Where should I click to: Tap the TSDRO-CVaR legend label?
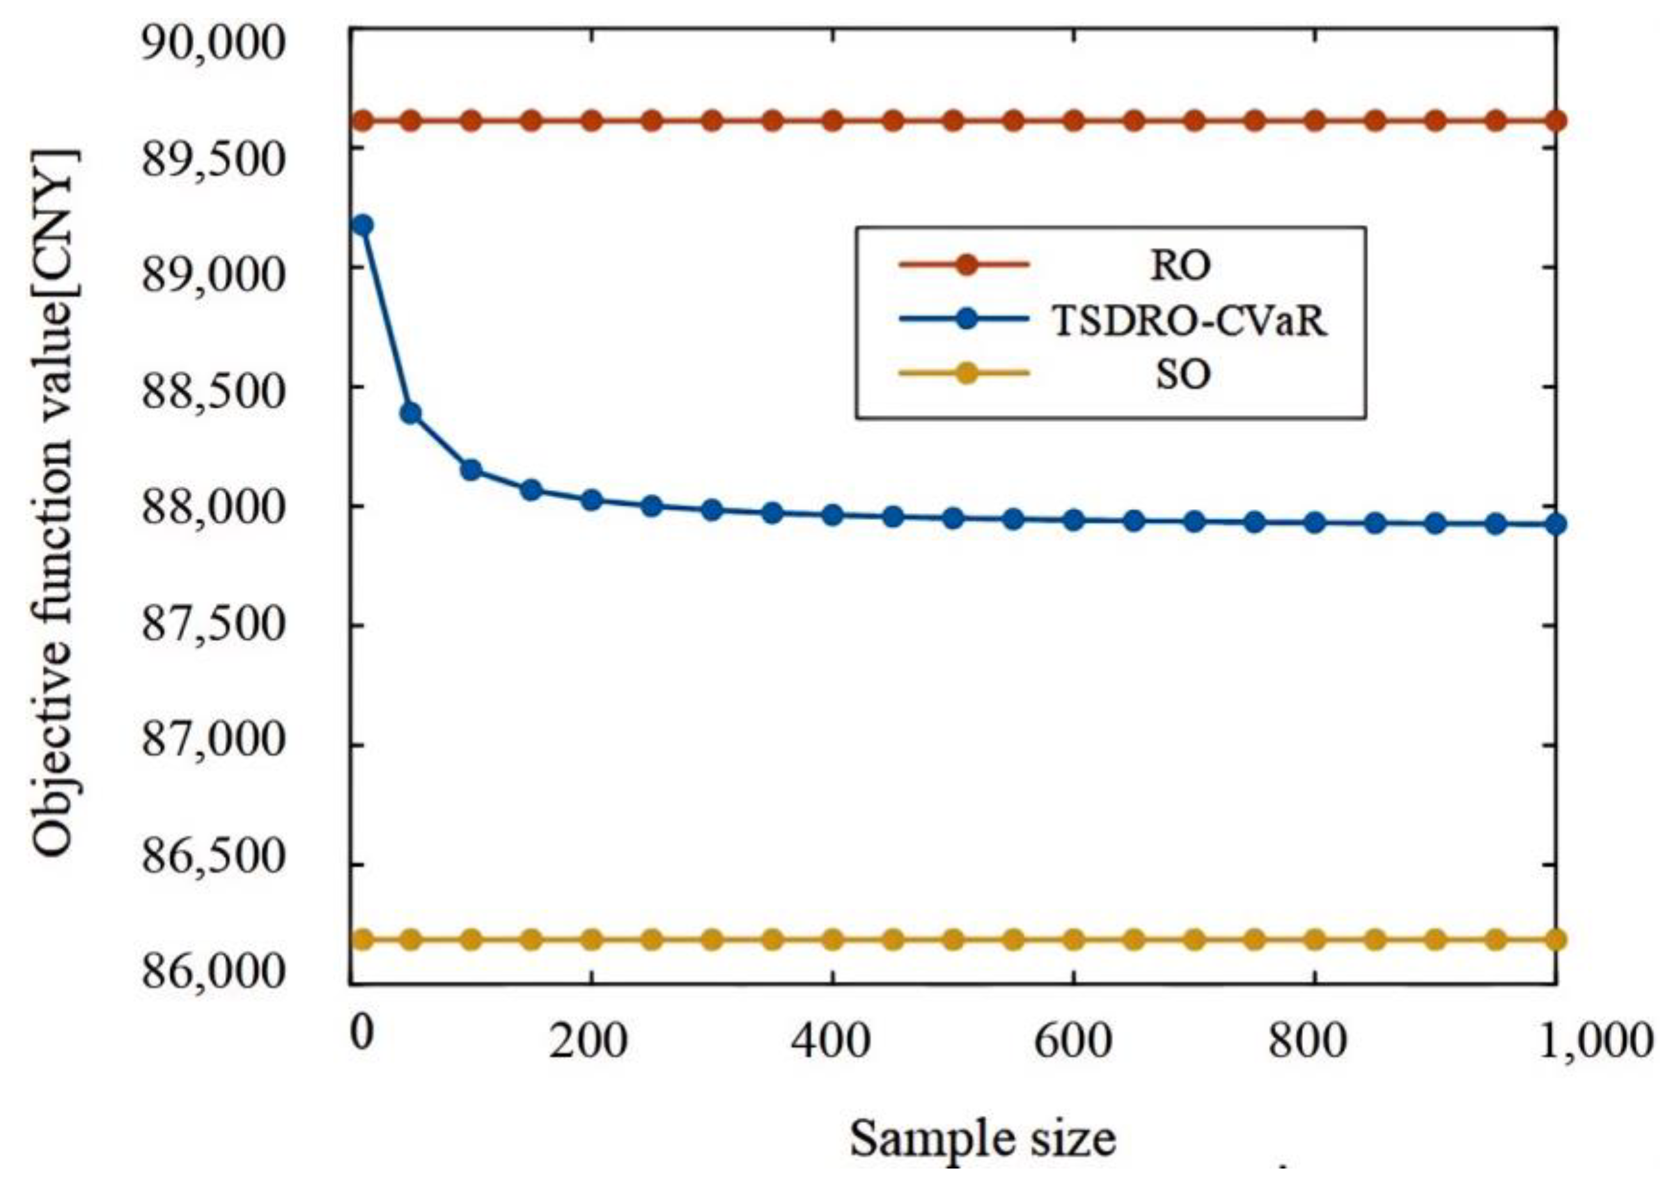tap(1189, 320)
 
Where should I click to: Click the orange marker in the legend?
tap(966, 265)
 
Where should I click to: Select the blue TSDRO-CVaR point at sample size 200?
tap(591, 501)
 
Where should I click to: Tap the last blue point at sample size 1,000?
tap(1556, 524)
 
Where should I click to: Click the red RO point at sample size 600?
tap(1073, 121)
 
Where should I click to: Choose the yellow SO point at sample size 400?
tap(831, 940)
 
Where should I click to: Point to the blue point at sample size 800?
tap(1315, 523)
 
